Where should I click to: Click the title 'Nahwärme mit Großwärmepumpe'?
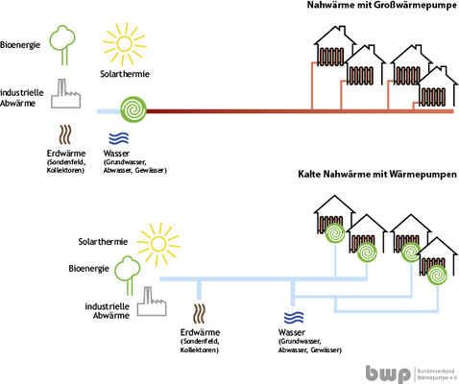[374, 7]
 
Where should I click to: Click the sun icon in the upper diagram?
[123, 42]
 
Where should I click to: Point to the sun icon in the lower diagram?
[157, 240]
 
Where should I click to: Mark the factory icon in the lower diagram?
[148, 300]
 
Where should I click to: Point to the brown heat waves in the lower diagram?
[200, 313]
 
